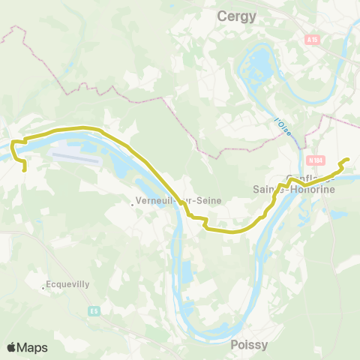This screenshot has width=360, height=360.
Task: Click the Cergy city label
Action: pyautogui.click(x=235, y=16)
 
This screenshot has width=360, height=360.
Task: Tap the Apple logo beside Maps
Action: pyautogui.click(x=11, y=347)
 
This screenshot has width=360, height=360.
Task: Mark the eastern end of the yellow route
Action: pyautogui.click(x=347, y=160)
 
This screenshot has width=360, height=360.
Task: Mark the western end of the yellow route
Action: pyautogui.click(x=25, y=169)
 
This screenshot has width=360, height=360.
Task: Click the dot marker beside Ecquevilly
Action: pyautogui.click(x=43, y=286)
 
